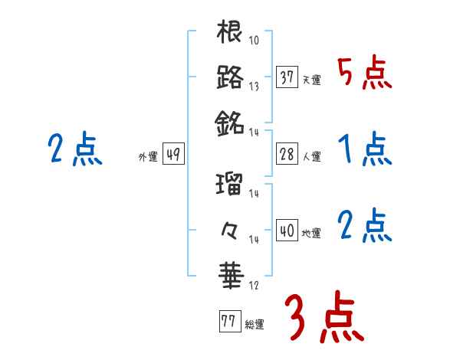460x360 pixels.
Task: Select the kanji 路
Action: point(230,77)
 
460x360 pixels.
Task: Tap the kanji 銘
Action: point(230,123)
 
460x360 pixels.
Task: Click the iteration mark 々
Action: point(230,229)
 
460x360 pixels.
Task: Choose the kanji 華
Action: point(230,273)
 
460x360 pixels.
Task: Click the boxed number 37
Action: point(287,77)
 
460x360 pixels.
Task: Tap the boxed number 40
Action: point(287,231)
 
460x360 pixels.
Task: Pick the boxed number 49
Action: point(173,154)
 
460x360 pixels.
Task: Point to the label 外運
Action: point(147,156)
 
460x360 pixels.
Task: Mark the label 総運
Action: point(255,324)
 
